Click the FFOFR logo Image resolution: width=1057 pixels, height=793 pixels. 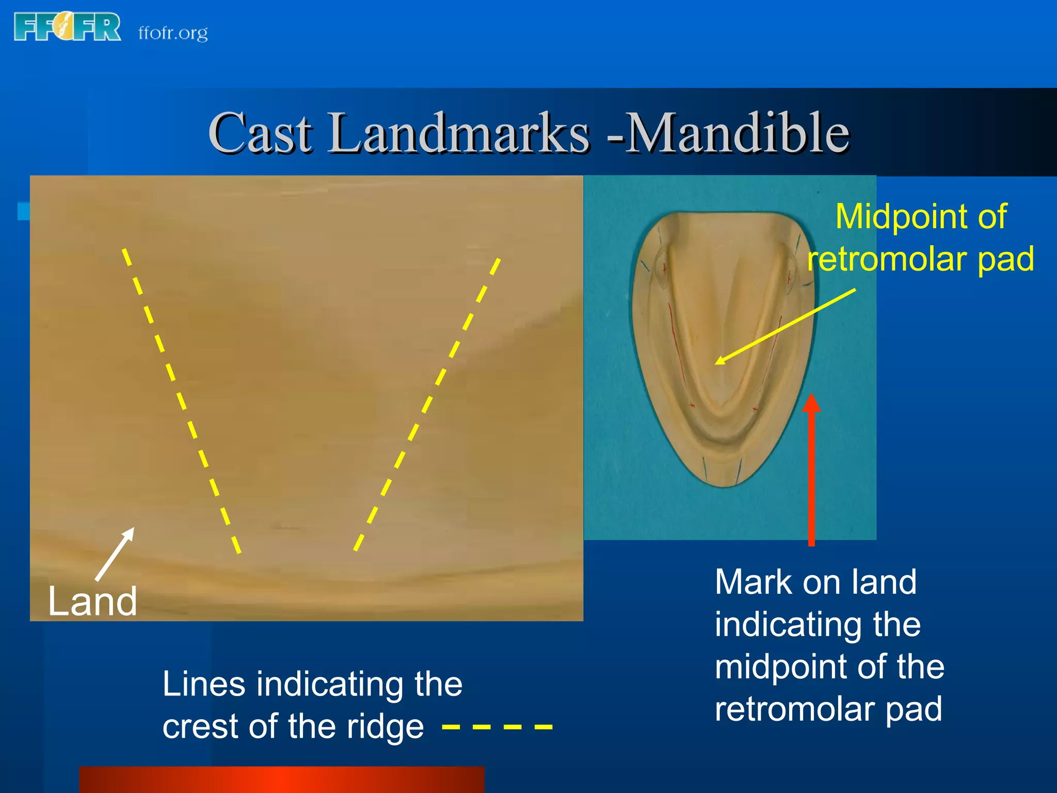tap(67, 27)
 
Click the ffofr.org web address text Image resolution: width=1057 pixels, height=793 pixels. tap(173, 33)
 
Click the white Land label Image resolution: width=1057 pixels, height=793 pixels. tap(92, 601)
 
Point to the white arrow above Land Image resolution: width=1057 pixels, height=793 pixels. tap(115, 553)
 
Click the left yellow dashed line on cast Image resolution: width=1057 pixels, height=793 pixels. tap(181, 400)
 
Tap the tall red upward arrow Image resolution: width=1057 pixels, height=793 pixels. tap(811, 470)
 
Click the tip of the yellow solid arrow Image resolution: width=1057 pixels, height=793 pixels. tap(717, 363)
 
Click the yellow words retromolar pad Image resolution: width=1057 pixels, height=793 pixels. tap(921, 259)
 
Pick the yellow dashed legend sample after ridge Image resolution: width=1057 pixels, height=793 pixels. tap(497, 727)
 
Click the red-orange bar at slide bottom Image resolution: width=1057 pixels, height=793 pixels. tap(282, 780)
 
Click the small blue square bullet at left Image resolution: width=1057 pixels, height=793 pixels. tap(23, 211)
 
